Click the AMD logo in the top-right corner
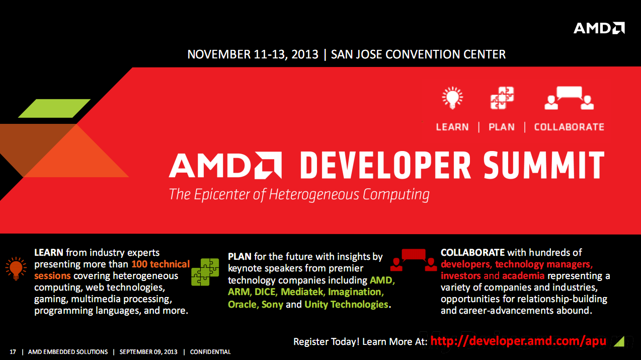(599, 28)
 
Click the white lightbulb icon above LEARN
(452, 98)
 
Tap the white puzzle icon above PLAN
(502, 98)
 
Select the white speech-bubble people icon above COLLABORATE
(569, 98)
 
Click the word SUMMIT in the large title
(544, 165)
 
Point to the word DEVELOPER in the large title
(385, 165)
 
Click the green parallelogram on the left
(54, 108)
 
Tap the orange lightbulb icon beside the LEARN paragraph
(16, 268)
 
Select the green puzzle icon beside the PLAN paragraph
(205, 272)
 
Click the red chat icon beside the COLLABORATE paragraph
(414, 260)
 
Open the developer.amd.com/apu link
(518, 341)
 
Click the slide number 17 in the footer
(13, 352)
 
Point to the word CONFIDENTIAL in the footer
(210, 352)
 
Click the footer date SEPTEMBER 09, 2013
(148, 352)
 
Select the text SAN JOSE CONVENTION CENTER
(419, 54)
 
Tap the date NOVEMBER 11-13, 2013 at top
(253, 54)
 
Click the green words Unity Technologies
(346, 304)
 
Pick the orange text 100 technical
(161, 264)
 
